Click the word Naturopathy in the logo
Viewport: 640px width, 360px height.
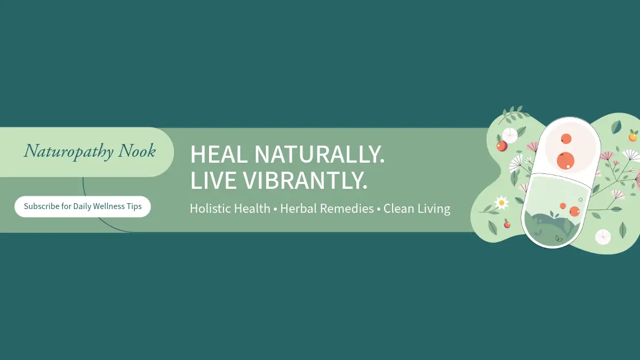(x=69, y=151)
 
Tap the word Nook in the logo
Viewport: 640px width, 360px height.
(x=137, y=150)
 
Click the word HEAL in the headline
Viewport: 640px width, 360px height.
(x=219, y=154)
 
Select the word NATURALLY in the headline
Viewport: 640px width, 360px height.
(x=319, y=154)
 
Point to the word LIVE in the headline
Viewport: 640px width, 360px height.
(x=213, y=180)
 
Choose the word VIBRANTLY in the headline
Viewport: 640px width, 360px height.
(x=305, y=180)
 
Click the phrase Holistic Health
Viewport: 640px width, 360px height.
(x=230, y=209)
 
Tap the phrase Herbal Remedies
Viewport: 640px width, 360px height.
(x=327, y=209)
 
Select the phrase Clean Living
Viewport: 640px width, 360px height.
(x=417, y=209)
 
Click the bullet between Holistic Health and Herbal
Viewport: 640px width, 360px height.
(x=275, y=209)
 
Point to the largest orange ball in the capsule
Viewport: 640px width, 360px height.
(x=565, y=161)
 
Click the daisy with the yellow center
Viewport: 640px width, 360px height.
(x=501, y=203)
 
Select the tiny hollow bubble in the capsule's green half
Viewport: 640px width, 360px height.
(x=580, y=199)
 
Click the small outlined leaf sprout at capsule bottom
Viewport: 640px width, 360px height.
(x=558, y=238)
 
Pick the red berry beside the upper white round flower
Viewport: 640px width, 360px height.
(x=502, y=146)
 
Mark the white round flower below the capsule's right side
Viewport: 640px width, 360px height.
(x=603, y=237)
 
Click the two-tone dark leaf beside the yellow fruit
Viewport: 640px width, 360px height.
(x=617, y=127)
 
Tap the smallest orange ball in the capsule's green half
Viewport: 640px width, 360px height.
(x=563, y=206)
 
